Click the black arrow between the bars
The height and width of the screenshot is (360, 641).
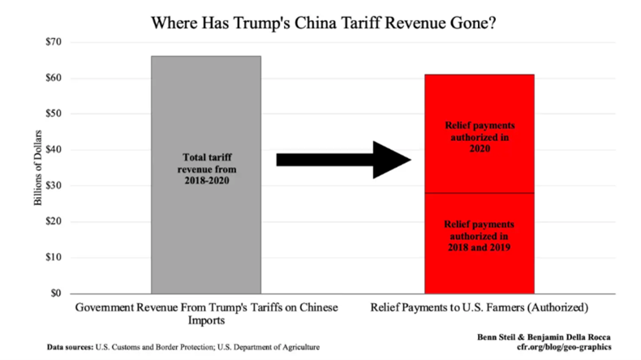coord(345,159)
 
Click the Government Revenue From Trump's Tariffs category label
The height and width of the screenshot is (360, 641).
coord(205,315)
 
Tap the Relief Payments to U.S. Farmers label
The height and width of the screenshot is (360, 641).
coord(479,309)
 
